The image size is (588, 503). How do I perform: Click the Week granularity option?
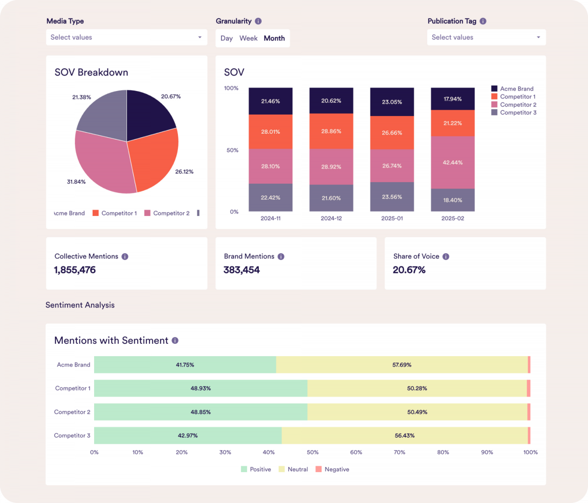(248, 38)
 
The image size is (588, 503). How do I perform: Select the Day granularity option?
(226, 38)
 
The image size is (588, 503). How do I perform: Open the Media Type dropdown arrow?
(199, 37)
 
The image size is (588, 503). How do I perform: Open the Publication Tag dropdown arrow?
(538, 37)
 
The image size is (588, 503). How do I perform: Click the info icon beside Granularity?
(258, 21)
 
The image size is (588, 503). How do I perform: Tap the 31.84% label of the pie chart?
(76, 182)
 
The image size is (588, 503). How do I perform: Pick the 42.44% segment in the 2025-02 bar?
(453, 162)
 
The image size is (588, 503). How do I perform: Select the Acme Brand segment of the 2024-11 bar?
(270, 101)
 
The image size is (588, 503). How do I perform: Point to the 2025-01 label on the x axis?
(392, 218)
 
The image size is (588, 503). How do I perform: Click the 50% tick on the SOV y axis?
(232, 150)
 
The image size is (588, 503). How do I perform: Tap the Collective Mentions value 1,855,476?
(75, 270)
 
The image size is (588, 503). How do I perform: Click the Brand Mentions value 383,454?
(242, 270)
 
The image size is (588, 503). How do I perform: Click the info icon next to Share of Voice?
(446, 256)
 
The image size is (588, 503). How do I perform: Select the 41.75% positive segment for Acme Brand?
(185, 365)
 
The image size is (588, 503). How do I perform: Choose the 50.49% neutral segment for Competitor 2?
(417, 412)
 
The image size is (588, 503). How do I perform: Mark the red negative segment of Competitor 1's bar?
(529, 388)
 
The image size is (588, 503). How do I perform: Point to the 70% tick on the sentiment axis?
(400, 452)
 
